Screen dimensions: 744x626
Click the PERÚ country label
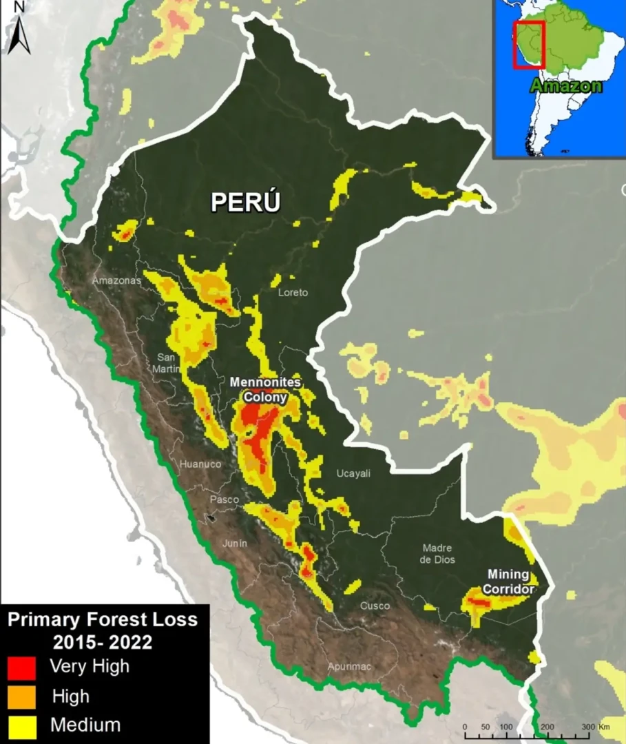pos(246,202)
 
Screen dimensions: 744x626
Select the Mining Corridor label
pos(509,582)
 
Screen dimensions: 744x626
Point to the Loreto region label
pos(293,293)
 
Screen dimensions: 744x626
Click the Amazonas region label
pos(116,280)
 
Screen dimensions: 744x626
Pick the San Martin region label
pos(167,362)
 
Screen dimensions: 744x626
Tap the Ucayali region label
pos(353,473)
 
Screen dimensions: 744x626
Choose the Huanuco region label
pos(200,464)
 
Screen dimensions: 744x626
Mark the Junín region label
pos(234,544)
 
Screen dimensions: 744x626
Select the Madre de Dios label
pos(437,553)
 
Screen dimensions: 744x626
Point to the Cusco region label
pos(375,606)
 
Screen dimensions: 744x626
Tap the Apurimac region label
pos(349,666)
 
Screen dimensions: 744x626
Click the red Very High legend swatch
pos(21,668)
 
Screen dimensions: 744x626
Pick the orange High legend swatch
pos(21,697)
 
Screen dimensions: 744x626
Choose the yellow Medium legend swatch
pos(21,726)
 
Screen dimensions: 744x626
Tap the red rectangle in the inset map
pos(529,45)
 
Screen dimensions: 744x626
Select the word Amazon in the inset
pos(566,86)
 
